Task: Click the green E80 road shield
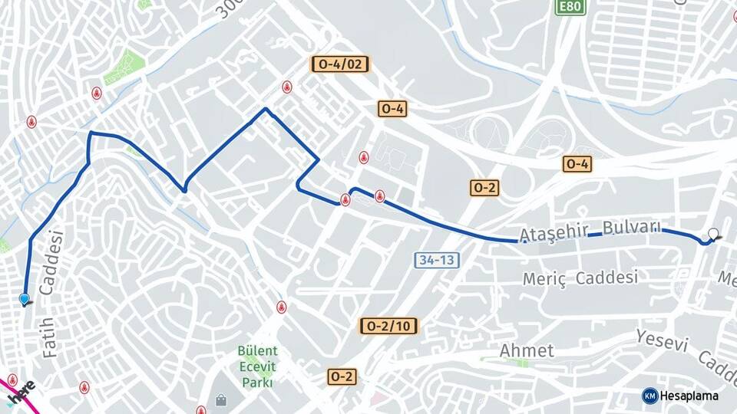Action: pyautogui.click(x=570, y=7)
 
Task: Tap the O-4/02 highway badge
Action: pyautogui.click(x=340, y=64)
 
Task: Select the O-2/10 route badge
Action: pyautogui.click(x=389, y=326)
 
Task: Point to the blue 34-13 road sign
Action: pyautogui.click(x=437, y=260)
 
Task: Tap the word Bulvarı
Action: pyautogui.click(x=632, y=227)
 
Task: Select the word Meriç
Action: pyautogui.click(x=544, y=279)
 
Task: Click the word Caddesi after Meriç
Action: pyautogui.click(x=606, y=277)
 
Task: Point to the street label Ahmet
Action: pyautogui.click(x=527, y=351)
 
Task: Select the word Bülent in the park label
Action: pyautogui.click(x=257, y=351)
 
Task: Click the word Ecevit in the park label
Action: pyautogui.click(x=257, y=366)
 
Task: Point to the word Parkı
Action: pyautogui.click(x=257, y=382)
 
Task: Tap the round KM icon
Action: pyautogui.click(x=649, y=396)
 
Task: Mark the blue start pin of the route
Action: pyautogui.click(x=25, y=299)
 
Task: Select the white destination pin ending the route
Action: pyautogui.click(x=714, y=235)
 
